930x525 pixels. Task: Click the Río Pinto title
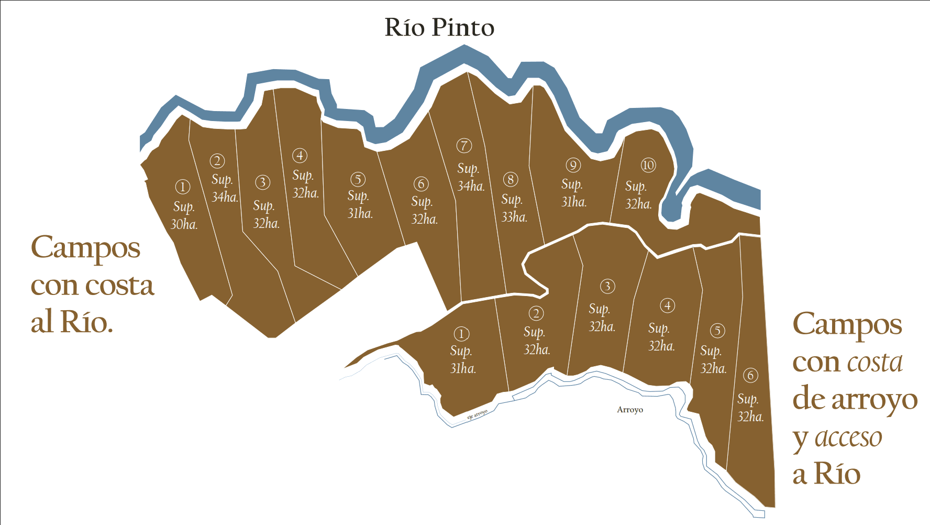pyautogui.click(x=439, y=28)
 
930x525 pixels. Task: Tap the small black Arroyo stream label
pyautogui.click(x=630, y=410)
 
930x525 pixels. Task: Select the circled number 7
pyautogui.click(x=464, y=146)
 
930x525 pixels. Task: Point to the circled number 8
pyautogui.click(x=511, y=180)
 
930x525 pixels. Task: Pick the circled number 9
pyautogui.click(x=573, y=166)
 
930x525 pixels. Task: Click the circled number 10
pyautogui.click(x=648, y=166)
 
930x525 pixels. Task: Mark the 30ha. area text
pyautogui.click(x=184, y=225)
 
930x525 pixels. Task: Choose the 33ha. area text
pyautogui.click(x=514, y=217)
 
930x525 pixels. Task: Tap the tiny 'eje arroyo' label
pyautogui.click(x=478, y=414)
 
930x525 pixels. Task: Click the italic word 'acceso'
pyautogui.click(x=848, y=437)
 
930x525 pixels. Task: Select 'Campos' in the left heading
pyautogui.click(x=85, y=248)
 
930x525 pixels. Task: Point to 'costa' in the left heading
pyautogui.click(x=120, y=286)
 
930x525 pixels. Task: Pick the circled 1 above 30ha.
pyautogui.click(x=183, y=187)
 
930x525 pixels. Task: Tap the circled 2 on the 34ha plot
pyautogui.click(x=217, y=161)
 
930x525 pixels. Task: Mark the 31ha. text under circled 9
pyautogui.click(x=574, y=202)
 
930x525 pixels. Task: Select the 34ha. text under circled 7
pyautogui.click(x=471, y=186)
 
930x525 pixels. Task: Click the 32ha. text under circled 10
pyautogui.click(x=638, y=204)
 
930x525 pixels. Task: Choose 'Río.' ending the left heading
pyautogui.click(x=86, y=322)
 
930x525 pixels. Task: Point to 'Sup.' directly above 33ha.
pyautogui.click(x=512, y=200)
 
